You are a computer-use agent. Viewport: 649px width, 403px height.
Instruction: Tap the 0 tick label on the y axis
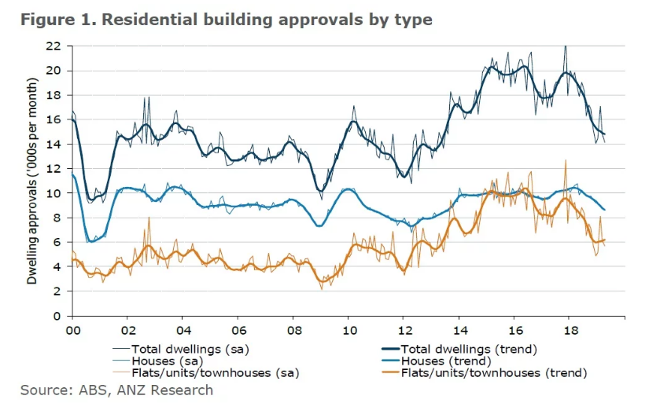(x=57, y=316)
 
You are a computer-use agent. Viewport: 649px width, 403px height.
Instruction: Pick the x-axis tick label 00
(x=72, y=331)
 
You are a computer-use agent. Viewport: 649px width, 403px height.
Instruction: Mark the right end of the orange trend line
(x=604, y=240)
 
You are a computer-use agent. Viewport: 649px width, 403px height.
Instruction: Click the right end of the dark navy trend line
(x=604, y=134)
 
